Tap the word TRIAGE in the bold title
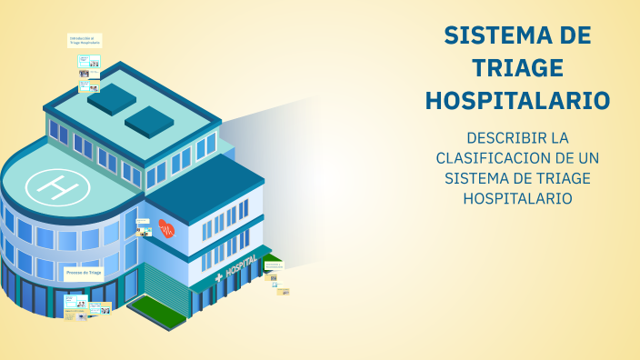(517, 68)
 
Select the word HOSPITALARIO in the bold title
(517, 100)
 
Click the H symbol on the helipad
(57, 186)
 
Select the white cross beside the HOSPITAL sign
(218, 276)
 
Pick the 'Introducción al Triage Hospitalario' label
(85, 40)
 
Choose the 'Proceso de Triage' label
(84, 272)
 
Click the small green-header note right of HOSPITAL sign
(274, 265)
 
